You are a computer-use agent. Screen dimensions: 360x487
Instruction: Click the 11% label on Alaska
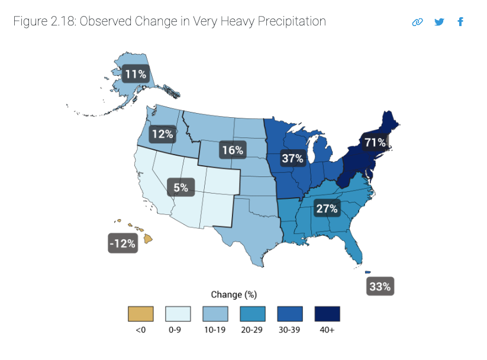135,75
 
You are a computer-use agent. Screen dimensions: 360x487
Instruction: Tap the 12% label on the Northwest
162,134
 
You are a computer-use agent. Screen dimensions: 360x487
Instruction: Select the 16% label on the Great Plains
231,150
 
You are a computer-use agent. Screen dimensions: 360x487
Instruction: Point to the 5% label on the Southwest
180,188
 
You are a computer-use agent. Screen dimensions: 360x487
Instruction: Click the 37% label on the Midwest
292,158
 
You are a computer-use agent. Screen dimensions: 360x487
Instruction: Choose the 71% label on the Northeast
375,143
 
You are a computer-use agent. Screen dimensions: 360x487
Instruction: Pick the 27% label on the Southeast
326,208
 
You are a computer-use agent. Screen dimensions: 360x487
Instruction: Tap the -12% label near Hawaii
122,243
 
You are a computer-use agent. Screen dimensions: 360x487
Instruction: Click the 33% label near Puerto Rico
379,287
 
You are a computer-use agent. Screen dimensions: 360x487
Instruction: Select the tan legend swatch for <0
140,313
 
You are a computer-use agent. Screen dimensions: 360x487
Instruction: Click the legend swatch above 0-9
178,313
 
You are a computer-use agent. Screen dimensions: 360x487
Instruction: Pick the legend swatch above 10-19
215,313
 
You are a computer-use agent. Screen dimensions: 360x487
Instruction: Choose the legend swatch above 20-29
252,313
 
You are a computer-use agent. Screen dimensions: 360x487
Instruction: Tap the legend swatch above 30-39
290,313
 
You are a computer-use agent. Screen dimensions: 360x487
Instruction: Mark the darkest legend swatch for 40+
327,313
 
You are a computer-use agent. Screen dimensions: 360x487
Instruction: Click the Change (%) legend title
234,294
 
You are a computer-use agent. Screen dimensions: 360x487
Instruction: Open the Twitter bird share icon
438,22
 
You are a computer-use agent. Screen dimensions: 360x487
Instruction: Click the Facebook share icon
460,22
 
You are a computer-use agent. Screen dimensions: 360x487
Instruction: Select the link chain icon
417,22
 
